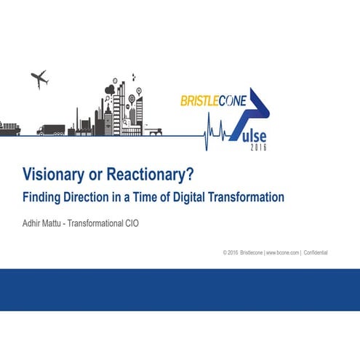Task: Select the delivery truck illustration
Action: coord(51,130)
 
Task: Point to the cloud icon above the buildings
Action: coord(110,92)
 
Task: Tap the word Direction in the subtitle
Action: coord(87,196)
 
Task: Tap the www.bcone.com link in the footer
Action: coord(281,252)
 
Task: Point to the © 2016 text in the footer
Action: coord(231,252)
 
